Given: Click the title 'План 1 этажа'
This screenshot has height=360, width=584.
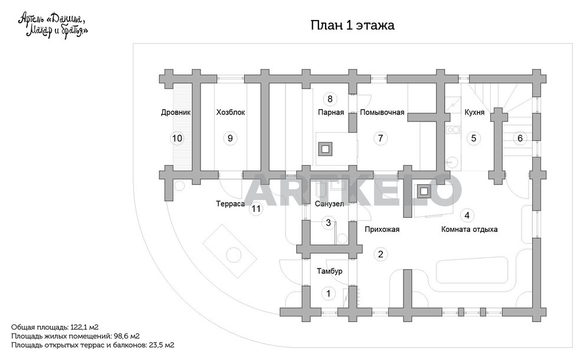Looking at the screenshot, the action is point(352,25).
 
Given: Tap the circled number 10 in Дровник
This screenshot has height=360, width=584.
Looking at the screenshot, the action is point(177,138).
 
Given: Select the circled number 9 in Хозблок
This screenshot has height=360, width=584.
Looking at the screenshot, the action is point(230,138).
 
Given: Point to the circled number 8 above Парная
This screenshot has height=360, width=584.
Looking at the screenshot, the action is point(330,99).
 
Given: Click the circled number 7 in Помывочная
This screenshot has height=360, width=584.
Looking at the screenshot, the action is point(380,138).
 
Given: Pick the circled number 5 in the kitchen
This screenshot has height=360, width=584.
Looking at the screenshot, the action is point(473,138).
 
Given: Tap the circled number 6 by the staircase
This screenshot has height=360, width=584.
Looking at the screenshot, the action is point(520,138).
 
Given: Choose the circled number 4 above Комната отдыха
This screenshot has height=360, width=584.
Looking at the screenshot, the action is point(467,215).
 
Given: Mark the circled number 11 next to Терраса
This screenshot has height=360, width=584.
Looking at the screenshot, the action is point(256,208).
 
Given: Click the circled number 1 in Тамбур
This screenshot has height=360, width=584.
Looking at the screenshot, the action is point(328,293).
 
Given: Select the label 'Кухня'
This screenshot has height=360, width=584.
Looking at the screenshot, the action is point(474,112).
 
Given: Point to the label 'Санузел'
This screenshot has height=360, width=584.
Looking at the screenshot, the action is point(329,204).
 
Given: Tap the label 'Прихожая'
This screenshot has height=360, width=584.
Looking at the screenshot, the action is point(382,230).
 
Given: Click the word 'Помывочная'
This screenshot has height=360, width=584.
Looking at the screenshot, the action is point(382,112).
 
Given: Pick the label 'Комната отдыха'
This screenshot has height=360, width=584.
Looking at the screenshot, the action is point(470,230).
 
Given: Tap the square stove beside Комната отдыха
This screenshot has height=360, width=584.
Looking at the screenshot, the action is point(424,192).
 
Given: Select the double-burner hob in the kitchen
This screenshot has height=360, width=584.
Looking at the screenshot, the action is point(453,130).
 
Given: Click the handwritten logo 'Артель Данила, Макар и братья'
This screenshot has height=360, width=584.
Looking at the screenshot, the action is point(53,25).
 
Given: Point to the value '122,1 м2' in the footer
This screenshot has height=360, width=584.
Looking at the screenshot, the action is point(84,327).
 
